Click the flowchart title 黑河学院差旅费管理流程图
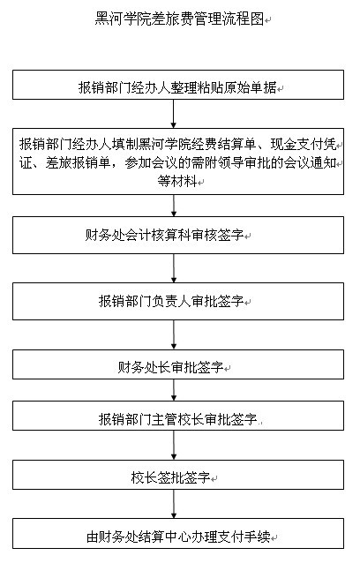pos(179,19)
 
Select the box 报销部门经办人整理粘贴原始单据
pos(178,85)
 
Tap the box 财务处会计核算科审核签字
pos(178,236)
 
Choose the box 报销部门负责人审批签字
pos(178,301)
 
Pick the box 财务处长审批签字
pos(178,364)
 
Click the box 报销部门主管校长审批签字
pos(178,416)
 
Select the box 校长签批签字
pos(178,475)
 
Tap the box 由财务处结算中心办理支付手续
pos(178,534)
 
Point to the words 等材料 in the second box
pos(177,181)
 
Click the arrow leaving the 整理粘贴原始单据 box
pos(174,114)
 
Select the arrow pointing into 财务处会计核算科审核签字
pos(174,206)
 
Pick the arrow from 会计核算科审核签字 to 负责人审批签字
pos(174,268)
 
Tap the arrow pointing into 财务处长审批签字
pos(174,335)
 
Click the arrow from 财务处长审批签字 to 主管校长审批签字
pos(174,390)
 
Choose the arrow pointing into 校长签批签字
pos(174,446)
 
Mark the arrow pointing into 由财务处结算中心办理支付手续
pos(174,504)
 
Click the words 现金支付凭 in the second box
pos(304,145)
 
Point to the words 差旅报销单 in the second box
pos(79,163)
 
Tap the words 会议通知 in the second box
pos(310,163)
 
